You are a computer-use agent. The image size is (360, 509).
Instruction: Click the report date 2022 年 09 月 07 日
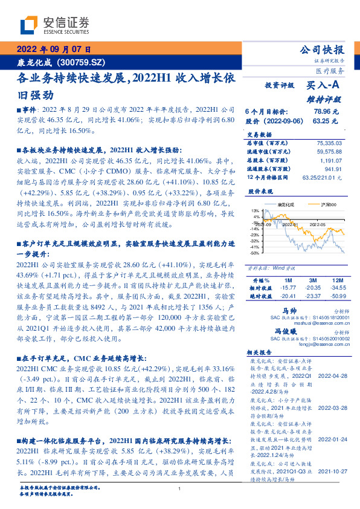tap(53, 50)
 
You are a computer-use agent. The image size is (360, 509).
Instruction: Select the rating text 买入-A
tap(323, 87)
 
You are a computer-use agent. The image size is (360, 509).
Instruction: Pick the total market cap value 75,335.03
tap(328, 143)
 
